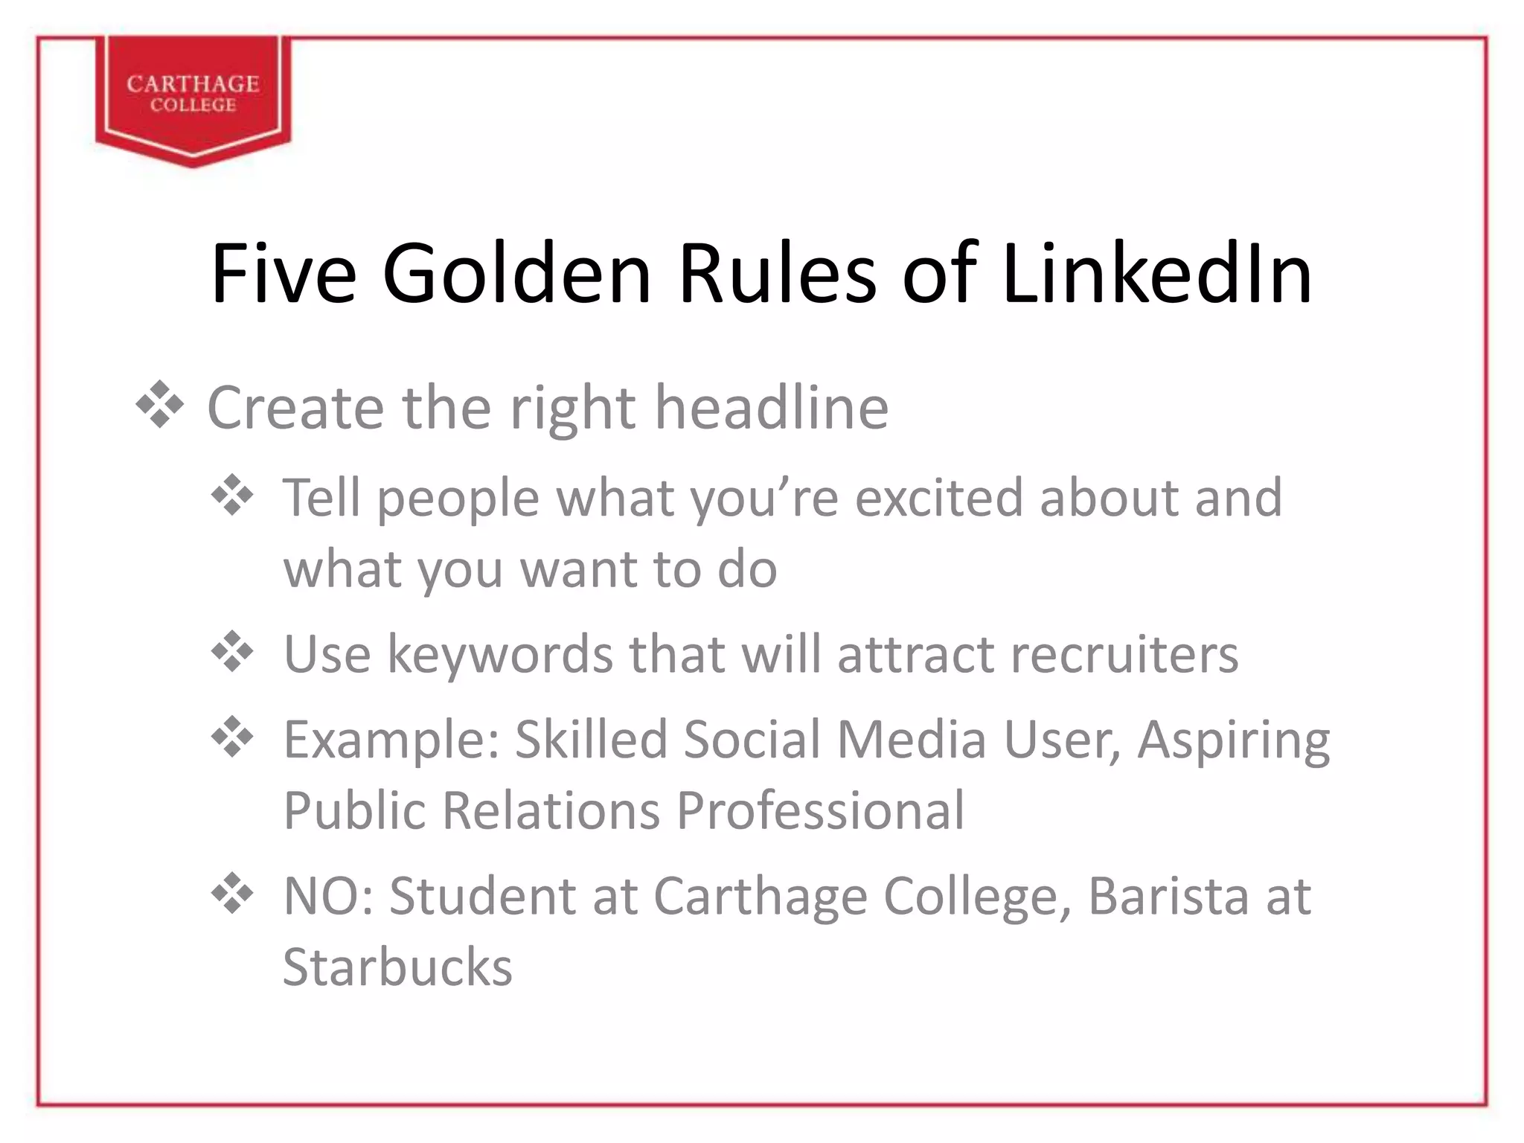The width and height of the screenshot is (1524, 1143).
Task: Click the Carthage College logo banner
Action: coord(193,95)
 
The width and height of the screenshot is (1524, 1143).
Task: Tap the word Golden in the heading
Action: coord(516,273)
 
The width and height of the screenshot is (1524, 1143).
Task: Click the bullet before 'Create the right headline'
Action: coord(160,406)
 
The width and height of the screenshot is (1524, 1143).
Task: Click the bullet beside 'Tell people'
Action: coord(233,495)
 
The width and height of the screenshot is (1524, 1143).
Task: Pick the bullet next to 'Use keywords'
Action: coord(233,653)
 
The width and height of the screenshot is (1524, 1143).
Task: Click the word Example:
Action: coord(391,740)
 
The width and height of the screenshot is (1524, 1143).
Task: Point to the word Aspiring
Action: coord(1233,741)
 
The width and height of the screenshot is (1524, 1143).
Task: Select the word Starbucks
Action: coord(398,967)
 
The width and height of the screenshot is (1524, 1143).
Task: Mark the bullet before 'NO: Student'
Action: coord(233,894)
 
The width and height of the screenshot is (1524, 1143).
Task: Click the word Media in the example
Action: coord(911,740)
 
